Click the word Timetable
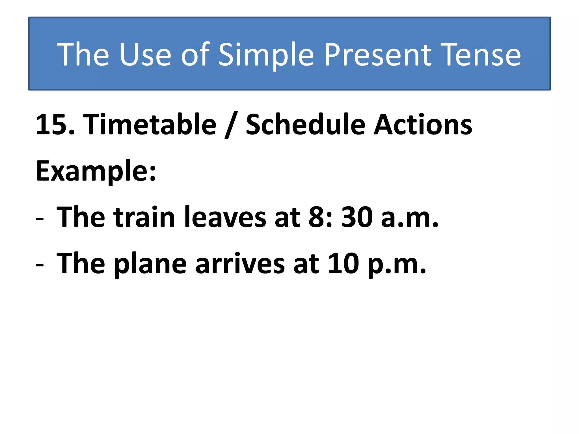click(x=150, y=124)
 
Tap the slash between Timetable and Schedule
click(x=231, y=125)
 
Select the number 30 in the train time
click(x=357, y=217)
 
